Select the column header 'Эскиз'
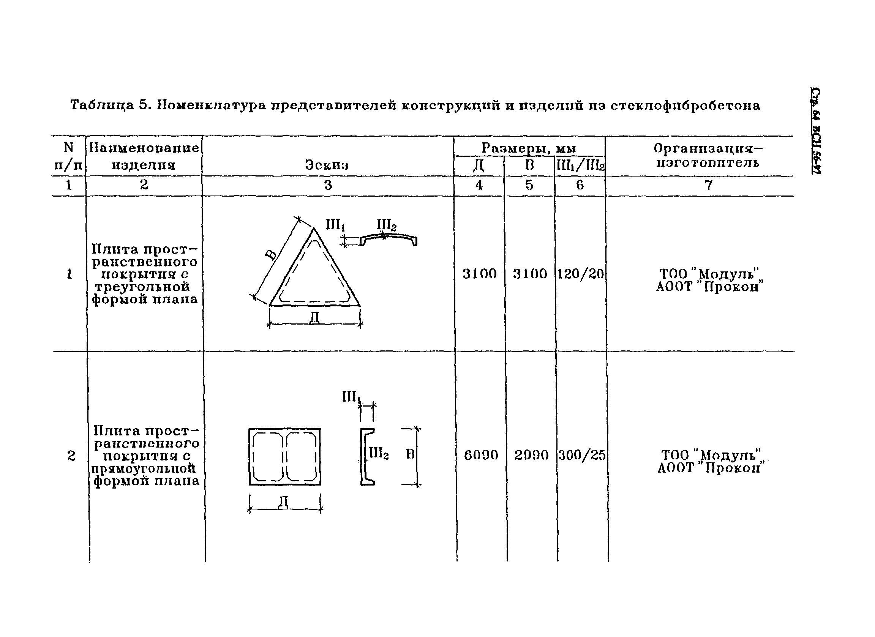tap(327, 165)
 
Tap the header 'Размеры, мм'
tap(529, 148)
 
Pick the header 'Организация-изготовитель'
tap(708, 155)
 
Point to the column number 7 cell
tap(708, 186)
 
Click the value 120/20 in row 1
tap(580, 274)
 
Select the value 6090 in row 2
tap(481, 456)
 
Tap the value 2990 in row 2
tap(531, 456)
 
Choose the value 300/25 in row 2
tap(582, 456)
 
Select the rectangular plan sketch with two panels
tap(284, 457)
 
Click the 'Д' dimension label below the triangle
tap(314, 318)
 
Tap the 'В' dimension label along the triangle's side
tap(271, 254)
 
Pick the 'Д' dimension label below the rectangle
tap(284, 503)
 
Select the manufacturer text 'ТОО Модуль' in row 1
tap(709, 274)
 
